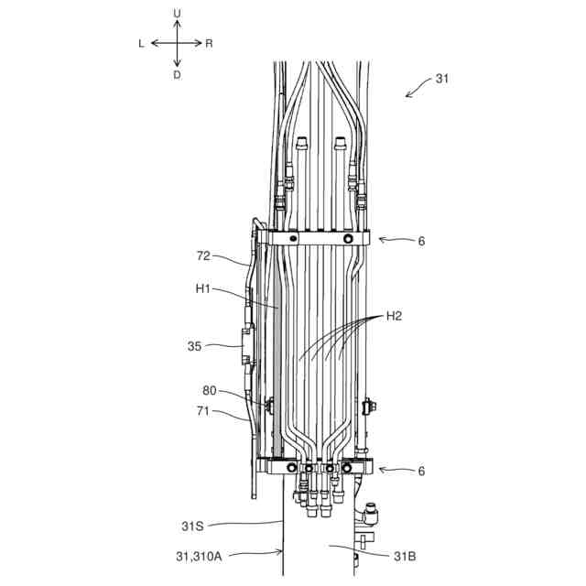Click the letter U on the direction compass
(x=177, y=13)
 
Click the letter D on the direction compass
(x=177, y=75)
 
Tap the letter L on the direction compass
(x=142, y=43)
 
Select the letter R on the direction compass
(x=210, y=43)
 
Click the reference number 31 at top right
(x=442, y=79)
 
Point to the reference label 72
(x=205, y=256)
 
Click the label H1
(x=204, y=289)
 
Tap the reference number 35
(x=195, y=346)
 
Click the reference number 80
(x=211, y=391)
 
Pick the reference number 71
(x=205, y=412)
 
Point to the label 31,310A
(x=210, y=555)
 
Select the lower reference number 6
(x=422, y=471)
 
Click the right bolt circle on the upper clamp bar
(x=348, y=238)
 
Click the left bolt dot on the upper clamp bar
(x=292, y=238)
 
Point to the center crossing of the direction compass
(x=177, y=43)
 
